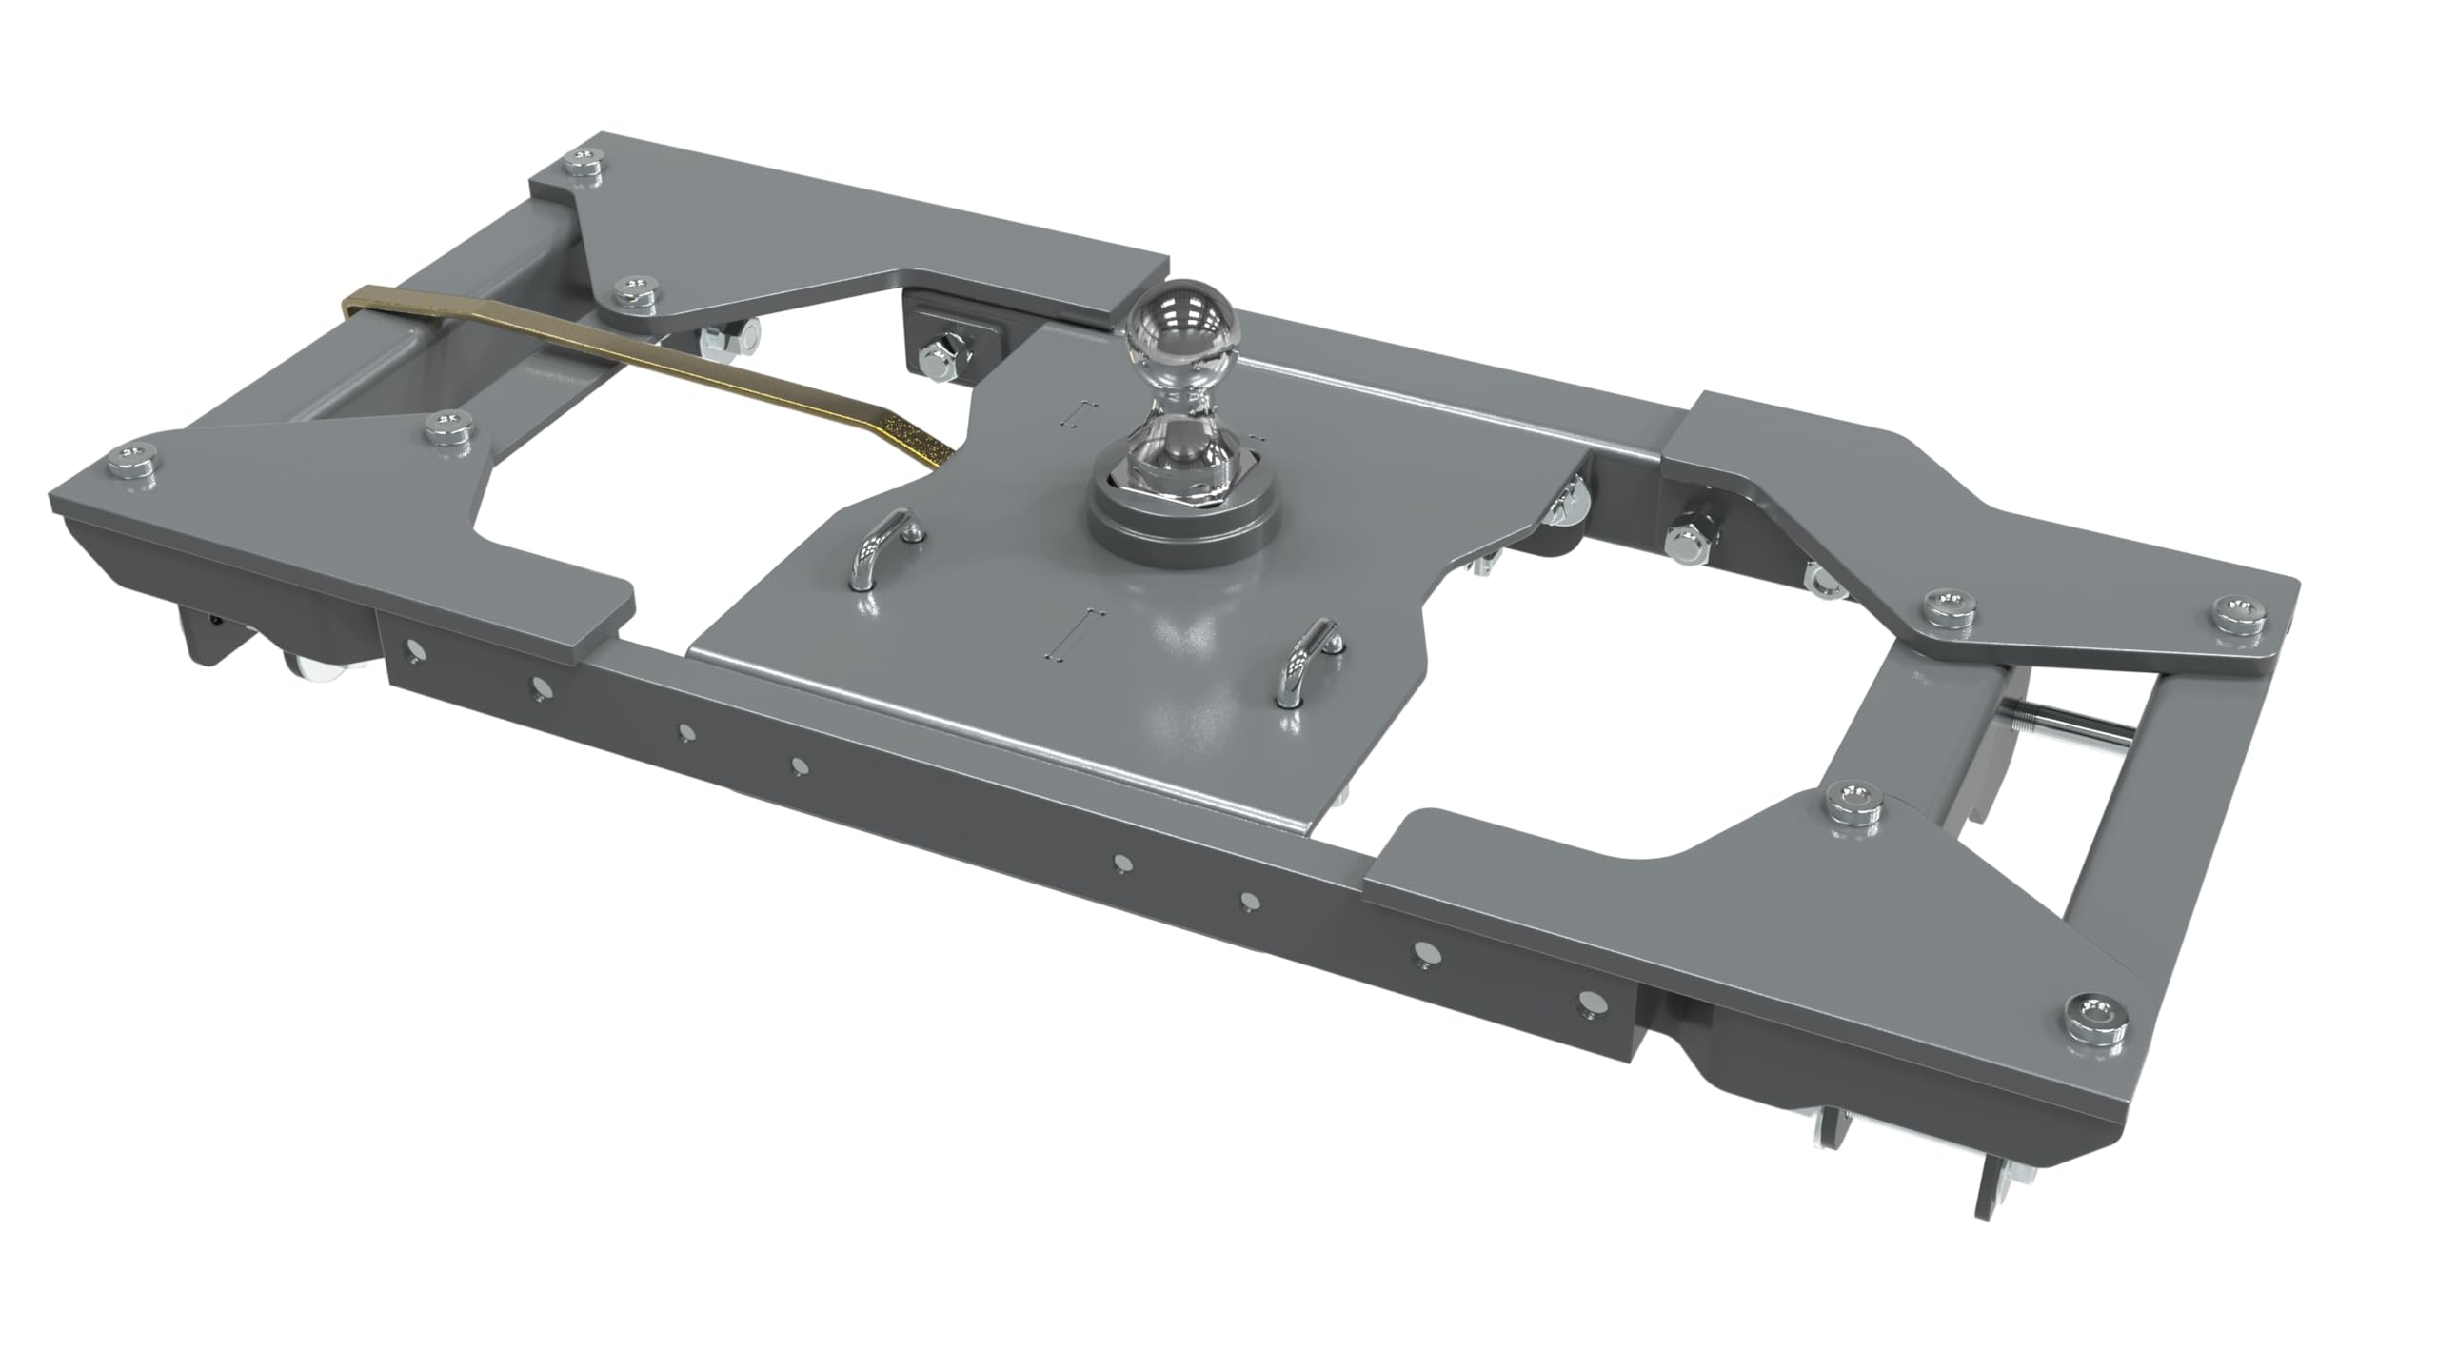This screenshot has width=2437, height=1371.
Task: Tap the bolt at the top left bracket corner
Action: click(584, 165)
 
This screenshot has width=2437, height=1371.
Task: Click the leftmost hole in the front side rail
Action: click(414, 650)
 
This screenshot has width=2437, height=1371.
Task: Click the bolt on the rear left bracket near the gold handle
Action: click(634, 292)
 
